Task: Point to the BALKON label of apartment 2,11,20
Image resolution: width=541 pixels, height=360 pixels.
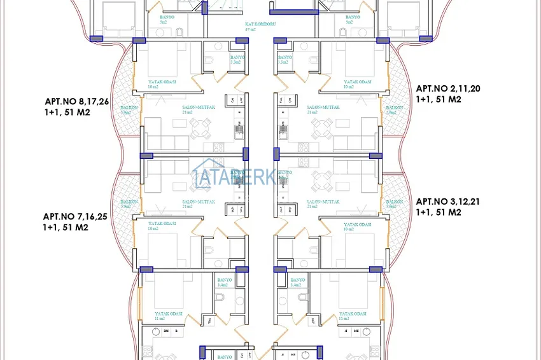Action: point(395,108)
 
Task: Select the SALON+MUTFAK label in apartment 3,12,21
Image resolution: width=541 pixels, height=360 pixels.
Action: point(323,202)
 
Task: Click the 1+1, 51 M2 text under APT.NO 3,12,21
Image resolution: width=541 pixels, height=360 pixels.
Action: point(439,212)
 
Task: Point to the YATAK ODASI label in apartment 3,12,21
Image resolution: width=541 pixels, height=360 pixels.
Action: point(357,224)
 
